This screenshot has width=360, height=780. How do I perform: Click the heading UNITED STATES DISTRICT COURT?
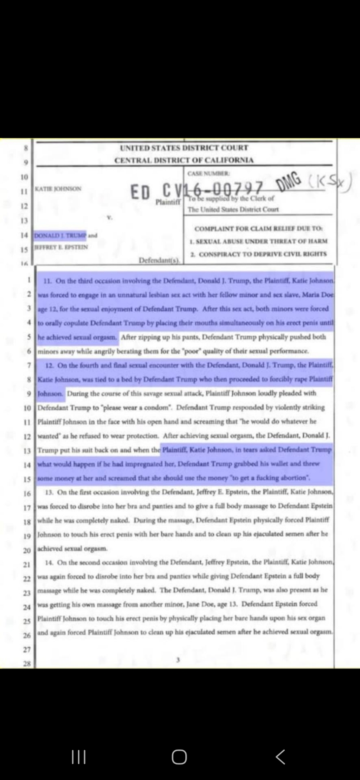184,148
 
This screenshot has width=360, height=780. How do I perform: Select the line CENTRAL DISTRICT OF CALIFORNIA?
184,160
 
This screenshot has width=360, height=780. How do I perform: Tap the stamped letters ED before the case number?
140,192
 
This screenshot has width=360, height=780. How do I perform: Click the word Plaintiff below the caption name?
168,202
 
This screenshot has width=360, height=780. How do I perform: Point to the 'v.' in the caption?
110,217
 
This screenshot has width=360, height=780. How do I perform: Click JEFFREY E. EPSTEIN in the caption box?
61,247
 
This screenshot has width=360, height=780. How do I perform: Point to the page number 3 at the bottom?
178,660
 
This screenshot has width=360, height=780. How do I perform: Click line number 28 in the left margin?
27,663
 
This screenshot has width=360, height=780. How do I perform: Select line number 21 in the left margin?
27,564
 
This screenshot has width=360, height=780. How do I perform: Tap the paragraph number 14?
49,562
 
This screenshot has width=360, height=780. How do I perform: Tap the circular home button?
179,757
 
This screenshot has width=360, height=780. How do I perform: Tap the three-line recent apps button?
79,757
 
